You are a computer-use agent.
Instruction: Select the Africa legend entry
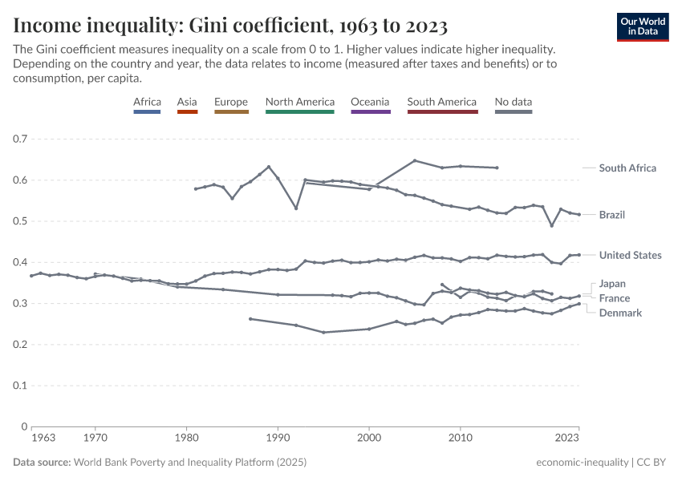(147, 103)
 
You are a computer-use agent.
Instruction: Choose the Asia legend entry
(187, 103)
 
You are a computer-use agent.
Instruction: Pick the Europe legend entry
(231, 103)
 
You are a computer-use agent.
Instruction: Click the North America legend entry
(299, 103)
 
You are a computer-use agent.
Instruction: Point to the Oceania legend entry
(370, 103)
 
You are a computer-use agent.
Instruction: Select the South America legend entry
(442, 103)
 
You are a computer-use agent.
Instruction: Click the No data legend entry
(514, 103)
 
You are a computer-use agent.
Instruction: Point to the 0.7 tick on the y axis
(20, 139)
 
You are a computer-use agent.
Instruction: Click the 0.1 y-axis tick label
(20, 386)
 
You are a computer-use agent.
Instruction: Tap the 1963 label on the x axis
(43, 439)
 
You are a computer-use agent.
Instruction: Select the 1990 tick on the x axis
(278, 439)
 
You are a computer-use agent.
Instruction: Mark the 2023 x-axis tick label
(567, 439)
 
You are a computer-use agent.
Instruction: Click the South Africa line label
(627, 168)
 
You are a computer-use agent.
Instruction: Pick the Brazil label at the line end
(611, 215)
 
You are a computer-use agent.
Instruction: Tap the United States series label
(630, 255)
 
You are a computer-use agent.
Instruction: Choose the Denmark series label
(620, 313)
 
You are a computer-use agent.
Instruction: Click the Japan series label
(612, 284)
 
